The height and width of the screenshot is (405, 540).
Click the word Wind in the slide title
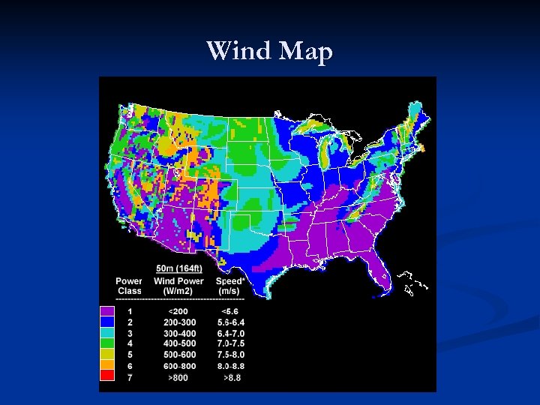pos(239,51)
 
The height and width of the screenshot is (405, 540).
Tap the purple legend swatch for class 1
pos(107,310)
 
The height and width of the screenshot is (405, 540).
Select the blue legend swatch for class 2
pos(107,322)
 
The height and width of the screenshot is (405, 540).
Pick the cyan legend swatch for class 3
pos(107,332)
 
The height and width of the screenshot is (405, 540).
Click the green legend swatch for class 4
pos(107,343)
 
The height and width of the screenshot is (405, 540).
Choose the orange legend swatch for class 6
pos(107,365)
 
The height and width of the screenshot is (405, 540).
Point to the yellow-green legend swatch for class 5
pos(107,354)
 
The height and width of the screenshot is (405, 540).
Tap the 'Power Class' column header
pos(128,286)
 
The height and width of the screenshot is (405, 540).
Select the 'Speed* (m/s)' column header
pos(228,286)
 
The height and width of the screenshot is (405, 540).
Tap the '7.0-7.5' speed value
pos(230,343)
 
